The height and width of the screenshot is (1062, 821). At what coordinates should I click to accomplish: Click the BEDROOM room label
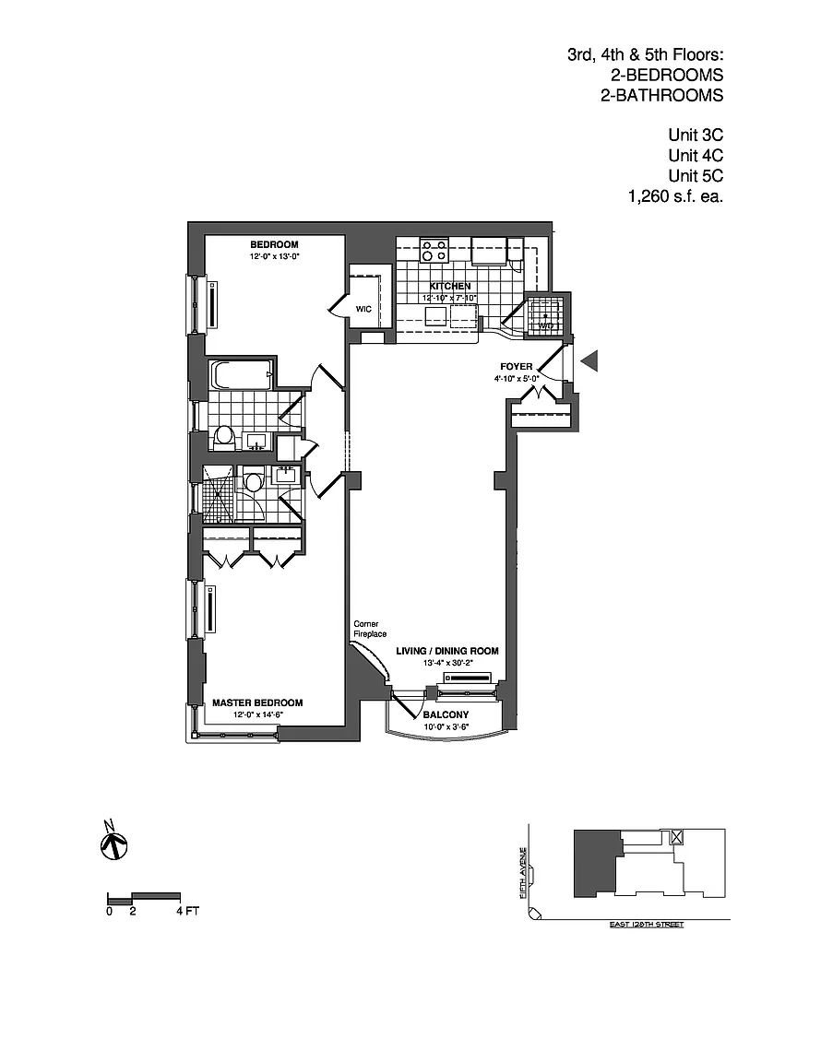click(x=274, y=244)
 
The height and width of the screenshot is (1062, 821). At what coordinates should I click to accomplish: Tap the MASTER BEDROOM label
click(x=257, y=702)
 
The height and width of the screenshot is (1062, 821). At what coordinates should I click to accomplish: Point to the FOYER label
click(x=518, y=366)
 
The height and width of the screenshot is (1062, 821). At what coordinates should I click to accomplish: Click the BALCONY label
click(x=446, y=715)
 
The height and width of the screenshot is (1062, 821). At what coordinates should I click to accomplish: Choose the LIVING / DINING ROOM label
click(x=447, y=651)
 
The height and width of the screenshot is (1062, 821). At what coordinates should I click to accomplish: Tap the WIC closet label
click(x=363, y=309)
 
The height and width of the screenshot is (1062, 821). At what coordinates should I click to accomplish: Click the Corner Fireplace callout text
click(x=369, y=629)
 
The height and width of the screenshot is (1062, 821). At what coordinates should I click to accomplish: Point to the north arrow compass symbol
click(x=113, y=841)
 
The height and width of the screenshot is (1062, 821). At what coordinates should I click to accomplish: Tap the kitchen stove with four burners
click(x=434, y=249)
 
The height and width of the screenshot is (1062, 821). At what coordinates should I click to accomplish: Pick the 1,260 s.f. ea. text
click(x=673, y=195)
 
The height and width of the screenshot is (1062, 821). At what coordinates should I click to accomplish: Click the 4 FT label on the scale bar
click(x=186, y=912)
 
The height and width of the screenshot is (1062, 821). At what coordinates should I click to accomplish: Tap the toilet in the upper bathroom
click(x=223, y=438)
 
